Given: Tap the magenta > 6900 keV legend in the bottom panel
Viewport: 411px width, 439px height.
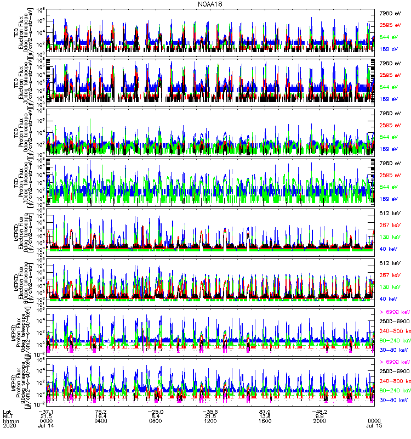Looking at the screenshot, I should click(x=395, y=362).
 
